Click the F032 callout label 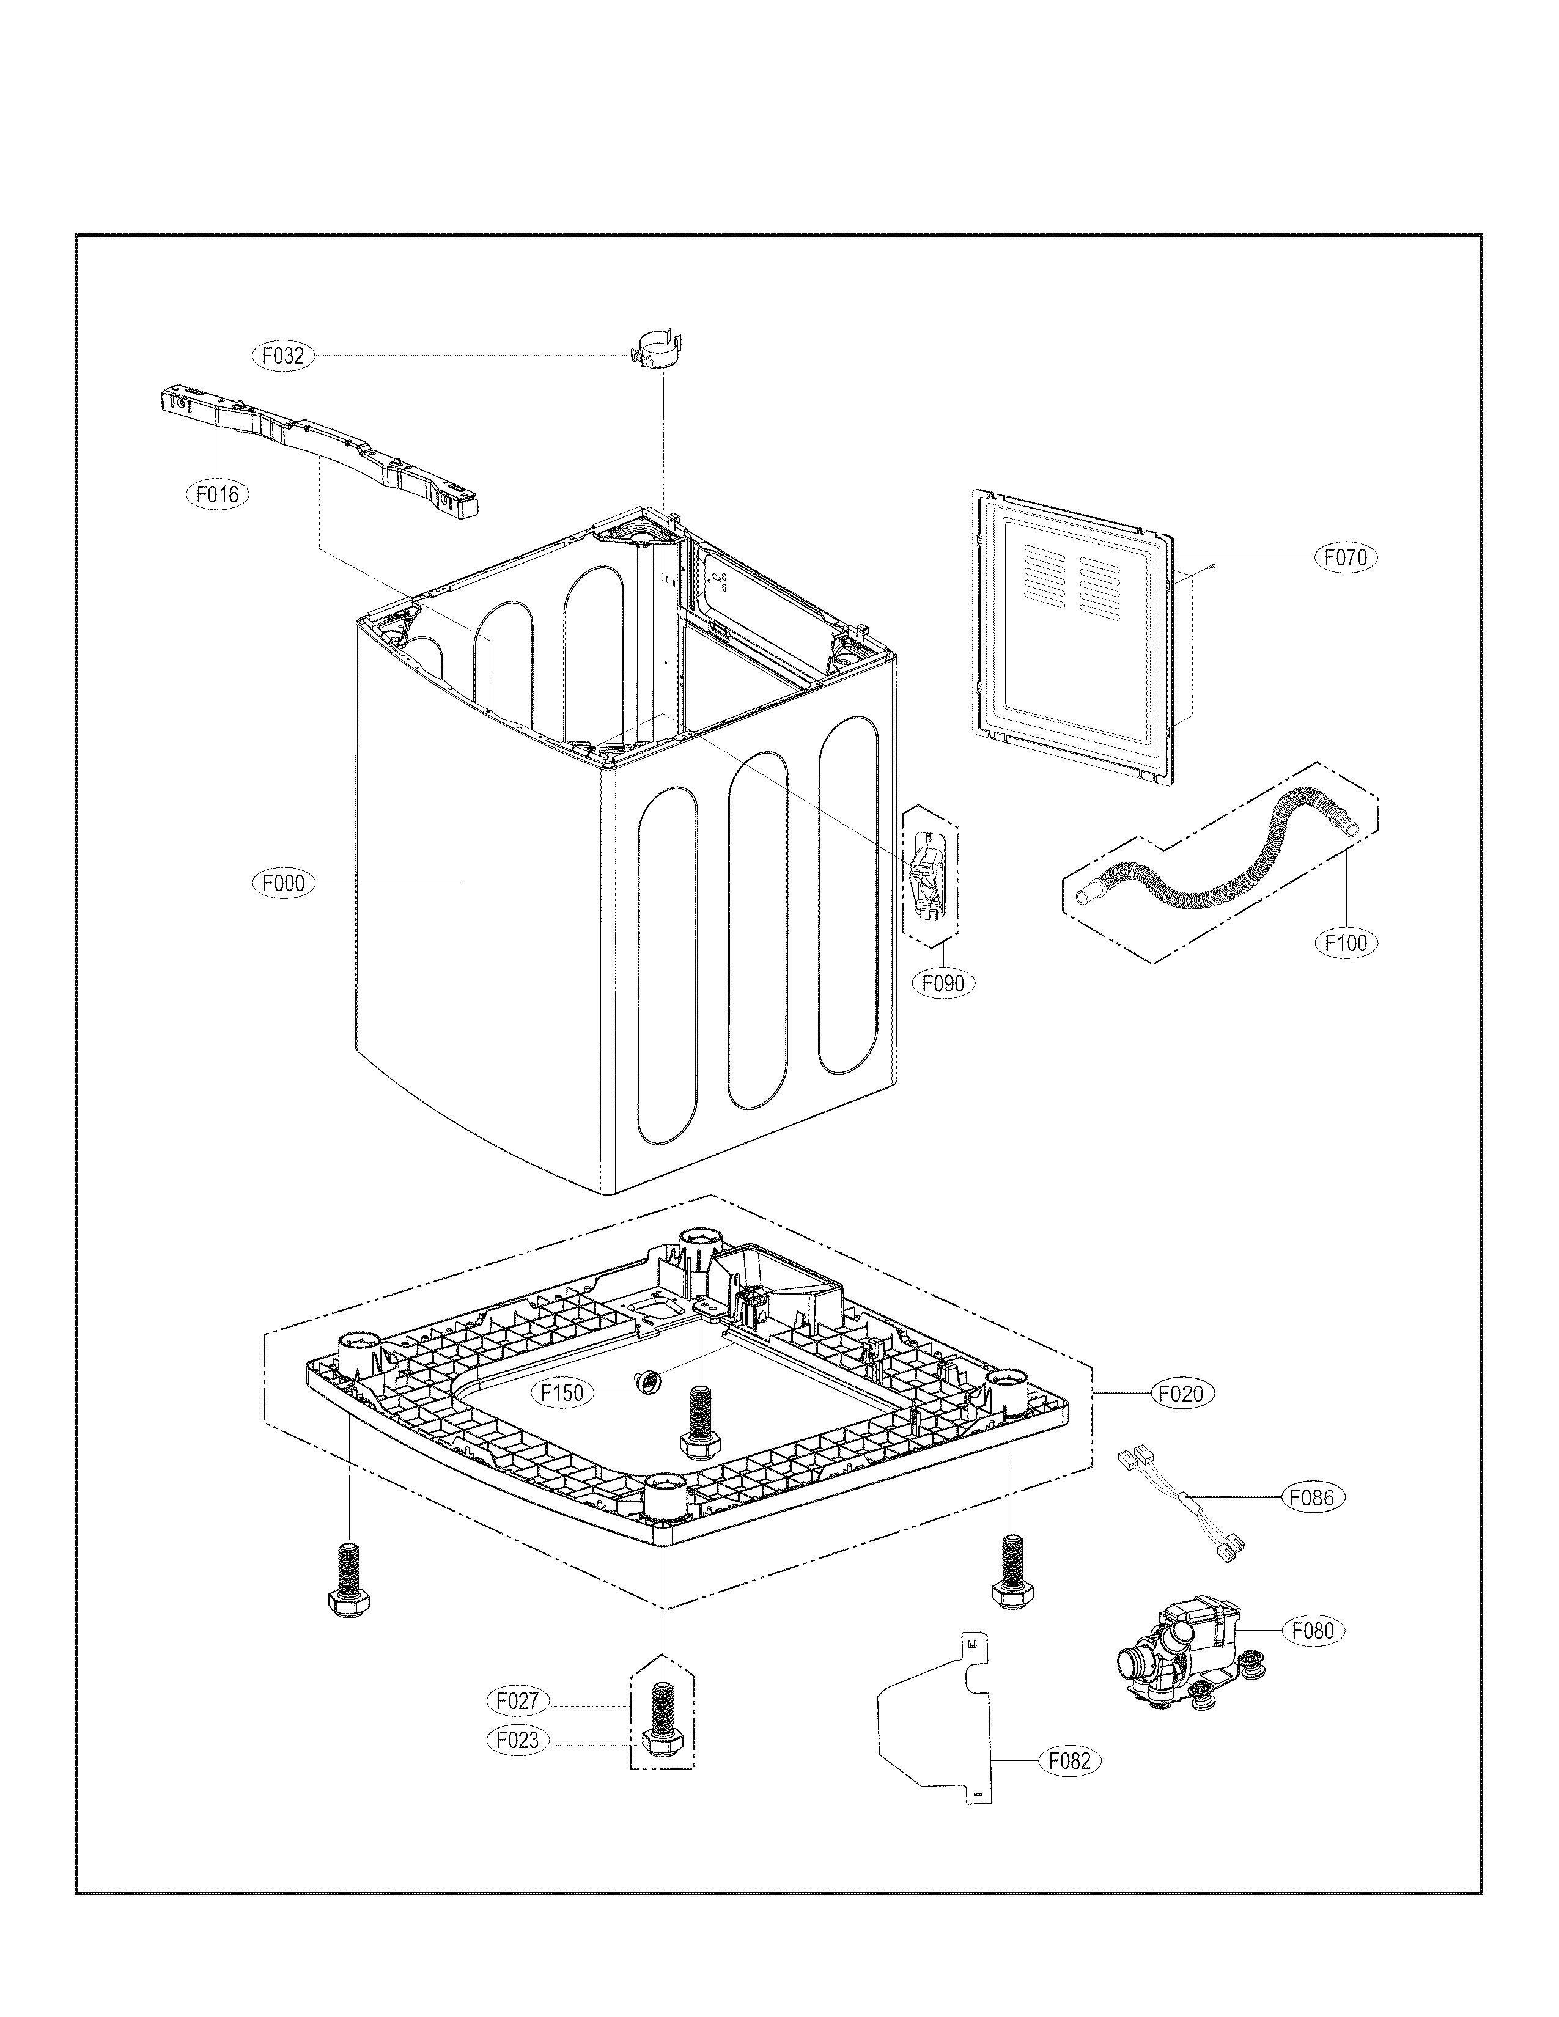tap(282, 356)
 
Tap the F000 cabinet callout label tap(282, 883)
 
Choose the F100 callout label tap(1346, 943)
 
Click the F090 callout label tap(943, 983)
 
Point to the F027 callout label tap(517, 1700)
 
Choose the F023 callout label tap(517, 1741)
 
